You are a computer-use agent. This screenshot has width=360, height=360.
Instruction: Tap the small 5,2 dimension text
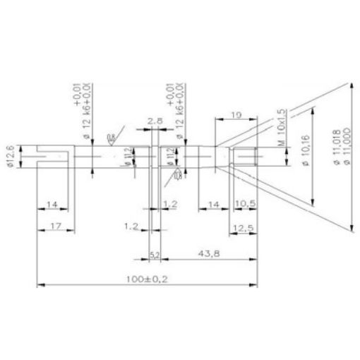click(x=154, y=253)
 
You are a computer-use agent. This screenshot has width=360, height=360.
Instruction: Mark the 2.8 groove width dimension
click(x=157, y=121)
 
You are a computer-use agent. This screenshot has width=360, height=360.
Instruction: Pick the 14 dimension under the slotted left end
click(x=52, y=205)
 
